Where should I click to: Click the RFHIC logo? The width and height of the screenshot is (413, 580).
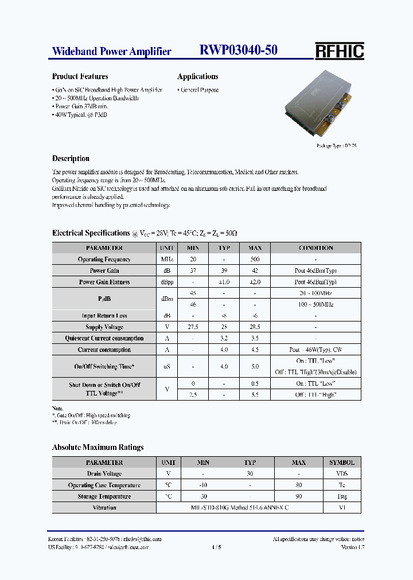[x=339, y=51]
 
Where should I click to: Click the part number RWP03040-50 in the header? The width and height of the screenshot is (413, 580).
[x=239, y=50]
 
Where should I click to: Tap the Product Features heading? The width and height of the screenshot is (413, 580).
[x=80, y=76]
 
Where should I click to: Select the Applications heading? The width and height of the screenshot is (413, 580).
[x=198, y=76]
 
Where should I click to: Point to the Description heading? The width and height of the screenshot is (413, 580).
[x=71, y=159]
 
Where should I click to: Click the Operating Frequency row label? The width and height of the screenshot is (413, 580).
[x=104, y=260]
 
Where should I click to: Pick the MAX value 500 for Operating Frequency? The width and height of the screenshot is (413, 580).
[x=255, y=260]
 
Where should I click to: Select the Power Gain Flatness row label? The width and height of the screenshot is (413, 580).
[x=104, y=282]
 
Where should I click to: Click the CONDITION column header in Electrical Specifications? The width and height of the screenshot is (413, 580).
[x=315, y=248]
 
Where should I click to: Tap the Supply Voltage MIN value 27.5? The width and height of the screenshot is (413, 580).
[x=193, y=327]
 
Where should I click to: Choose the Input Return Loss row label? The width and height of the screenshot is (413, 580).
[x=104, y=316]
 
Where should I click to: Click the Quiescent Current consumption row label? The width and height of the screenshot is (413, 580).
[x=104, y=338]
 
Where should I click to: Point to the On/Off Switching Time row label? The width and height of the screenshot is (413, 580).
[x=104, y=366]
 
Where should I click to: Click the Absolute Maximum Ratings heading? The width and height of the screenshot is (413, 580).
[x=98, y=447]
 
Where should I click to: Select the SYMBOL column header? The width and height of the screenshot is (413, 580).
[x=342, y=463]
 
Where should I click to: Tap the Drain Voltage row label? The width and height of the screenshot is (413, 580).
[x=104, y=474]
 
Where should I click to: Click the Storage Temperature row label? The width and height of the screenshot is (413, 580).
[x=104, y=496]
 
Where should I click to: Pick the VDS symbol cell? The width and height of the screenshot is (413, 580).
[x=342, y=474]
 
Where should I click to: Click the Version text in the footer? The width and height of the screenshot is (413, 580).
[x=353, y=547]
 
